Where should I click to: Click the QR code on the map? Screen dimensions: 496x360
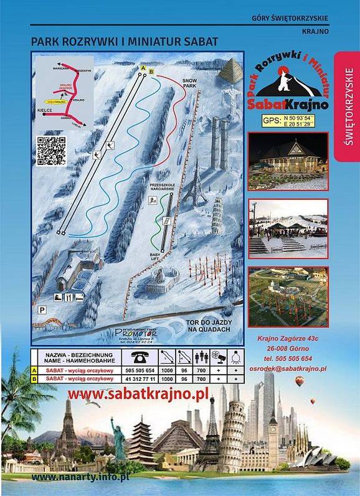pos(52,150)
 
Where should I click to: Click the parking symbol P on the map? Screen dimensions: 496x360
pos(42,309)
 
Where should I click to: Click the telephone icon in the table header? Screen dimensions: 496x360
pos(138,357)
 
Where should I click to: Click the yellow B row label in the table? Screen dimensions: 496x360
pos(34,378)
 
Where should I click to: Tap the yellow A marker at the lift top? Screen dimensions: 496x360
pos(143,67)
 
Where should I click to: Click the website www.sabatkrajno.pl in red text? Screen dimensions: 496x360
pos(138,394)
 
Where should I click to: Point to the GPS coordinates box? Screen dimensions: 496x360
pos(288,121)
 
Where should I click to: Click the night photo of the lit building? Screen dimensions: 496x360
pos(288,160)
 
